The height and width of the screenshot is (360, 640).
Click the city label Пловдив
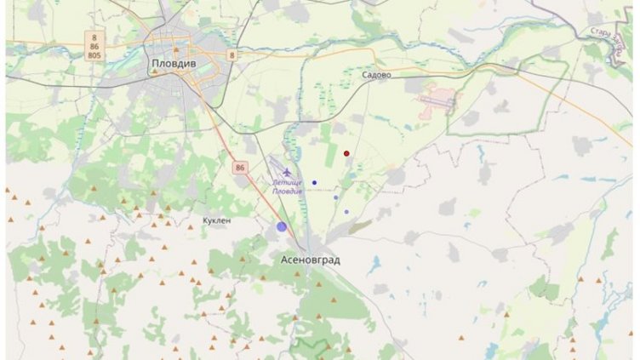tap(174, 64)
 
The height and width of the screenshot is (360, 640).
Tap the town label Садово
tap(376, 75)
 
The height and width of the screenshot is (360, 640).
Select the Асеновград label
tap(311, 259)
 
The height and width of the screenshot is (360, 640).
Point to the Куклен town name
tap(216, 220)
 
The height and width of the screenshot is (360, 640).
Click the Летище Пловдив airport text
tap(288, 186)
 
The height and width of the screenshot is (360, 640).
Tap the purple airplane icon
tap(288, 174)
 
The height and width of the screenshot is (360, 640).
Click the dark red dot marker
tap(346, 153)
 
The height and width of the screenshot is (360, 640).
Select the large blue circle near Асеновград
tap(282, 226)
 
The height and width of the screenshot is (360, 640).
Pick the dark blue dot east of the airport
tap(314, 182)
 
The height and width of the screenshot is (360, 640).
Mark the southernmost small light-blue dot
tap(346, 212)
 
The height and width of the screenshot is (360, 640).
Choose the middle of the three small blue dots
tap(336, 197)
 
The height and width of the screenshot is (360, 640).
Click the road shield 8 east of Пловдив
tap(229, 55)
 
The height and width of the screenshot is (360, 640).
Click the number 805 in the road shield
tap(94, 55)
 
